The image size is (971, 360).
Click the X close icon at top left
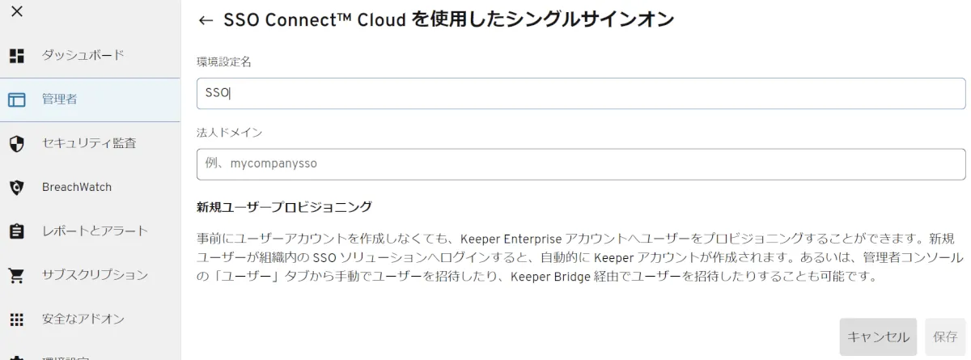tap(17, 11)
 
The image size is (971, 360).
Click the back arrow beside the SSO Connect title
tap(206, 21)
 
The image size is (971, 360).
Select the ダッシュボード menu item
tap(83, 55)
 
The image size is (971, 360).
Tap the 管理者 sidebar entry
tap(59, 100)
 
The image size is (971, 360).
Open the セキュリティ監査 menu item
tap(89, 143)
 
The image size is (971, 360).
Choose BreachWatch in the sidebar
tap(77, 187)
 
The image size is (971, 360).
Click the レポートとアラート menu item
tap(95, 231)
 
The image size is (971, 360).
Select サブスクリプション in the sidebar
tap(95, 274)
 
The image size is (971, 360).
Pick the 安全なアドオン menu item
tap(83, 319)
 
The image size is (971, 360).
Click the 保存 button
tap(945, 337)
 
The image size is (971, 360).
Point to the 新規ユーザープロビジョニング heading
tap(284, 207)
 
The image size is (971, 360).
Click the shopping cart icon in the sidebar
tap(17, 275)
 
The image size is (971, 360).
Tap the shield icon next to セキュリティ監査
tap(17, 144)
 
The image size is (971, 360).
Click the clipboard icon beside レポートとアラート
tap(17, 231)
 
